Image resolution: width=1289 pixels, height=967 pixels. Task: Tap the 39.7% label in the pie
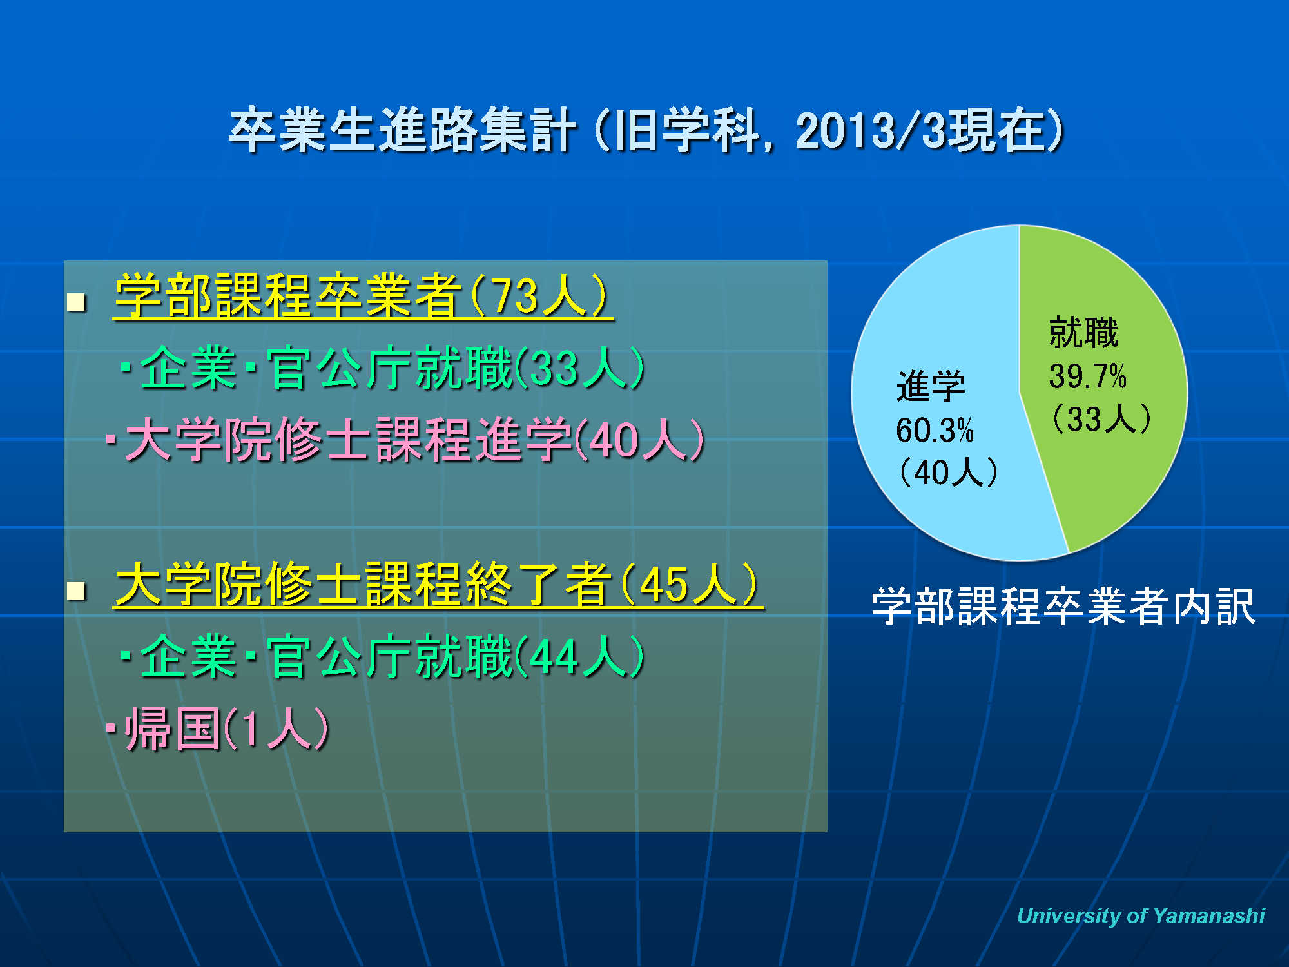[1087, 376]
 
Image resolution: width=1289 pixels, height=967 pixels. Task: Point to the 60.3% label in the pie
[935, 430]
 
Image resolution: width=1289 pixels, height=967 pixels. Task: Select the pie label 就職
[1083, 333]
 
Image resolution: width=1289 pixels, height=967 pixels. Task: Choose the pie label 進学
[931, 387]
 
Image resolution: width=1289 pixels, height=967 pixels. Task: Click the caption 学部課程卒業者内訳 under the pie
[1063, 606]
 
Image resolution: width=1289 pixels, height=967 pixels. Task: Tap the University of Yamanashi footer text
[1141, 915]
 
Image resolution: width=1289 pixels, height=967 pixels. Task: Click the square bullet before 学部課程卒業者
[77, 302]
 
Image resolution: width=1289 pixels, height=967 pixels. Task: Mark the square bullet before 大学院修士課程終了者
[77, 590]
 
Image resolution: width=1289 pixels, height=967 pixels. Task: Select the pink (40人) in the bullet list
[639, 440]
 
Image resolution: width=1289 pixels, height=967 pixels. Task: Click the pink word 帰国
[173, 728]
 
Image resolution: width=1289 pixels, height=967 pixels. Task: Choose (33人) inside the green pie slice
[1101, 418]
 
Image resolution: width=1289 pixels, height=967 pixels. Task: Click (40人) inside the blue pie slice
[948, 473]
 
